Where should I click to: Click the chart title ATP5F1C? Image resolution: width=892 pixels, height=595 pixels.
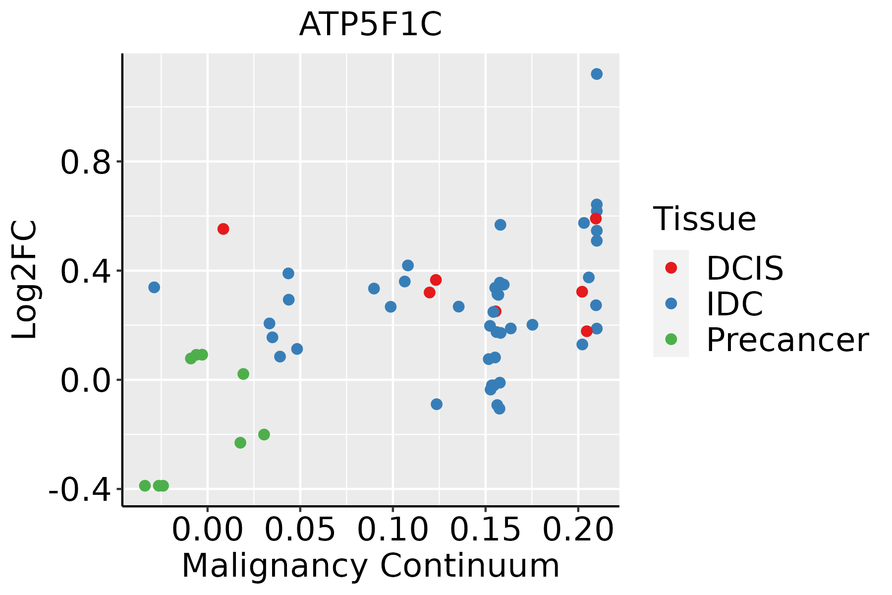(370, 25)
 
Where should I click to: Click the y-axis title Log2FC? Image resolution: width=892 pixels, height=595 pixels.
(25, 280)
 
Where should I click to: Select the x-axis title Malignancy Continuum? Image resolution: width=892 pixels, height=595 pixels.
(371, 566)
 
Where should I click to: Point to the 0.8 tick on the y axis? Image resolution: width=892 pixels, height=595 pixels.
(85, 162)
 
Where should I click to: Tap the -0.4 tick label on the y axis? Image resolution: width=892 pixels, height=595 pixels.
(79, 490)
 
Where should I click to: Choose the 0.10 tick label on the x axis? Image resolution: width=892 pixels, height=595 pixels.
(392, 530)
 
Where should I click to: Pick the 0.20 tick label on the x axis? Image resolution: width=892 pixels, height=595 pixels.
(578, 530)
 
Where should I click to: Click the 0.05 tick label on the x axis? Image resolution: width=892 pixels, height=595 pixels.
(300, 530)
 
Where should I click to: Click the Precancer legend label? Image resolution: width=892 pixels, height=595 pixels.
(787, 340)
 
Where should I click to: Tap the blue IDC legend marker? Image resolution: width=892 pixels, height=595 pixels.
(671, 303)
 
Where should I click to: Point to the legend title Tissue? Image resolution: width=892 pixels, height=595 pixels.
(704, 219)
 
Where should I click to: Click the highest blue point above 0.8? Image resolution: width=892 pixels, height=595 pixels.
(597, 74)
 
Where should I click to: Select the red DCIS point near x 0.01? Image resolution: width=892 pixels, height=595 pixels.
(223, 229)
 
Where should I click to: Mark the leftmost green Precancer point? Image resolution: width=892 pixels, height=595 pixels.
(145, 485)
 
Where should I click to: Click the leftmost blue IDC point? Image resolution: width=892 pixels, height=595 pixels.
(154, 287)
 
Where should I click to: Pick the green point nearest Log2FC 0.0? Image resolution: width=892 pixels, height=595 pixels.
(243, 374)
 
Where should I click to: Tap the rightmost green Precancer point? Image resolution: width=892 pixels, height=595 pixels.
(264, 434)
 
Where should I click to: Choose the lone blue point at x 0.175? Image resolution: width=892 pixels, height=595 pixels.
(532, 325)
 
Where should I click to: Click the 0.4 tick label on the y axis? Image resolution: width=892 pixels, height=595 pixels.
(85, 271)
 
